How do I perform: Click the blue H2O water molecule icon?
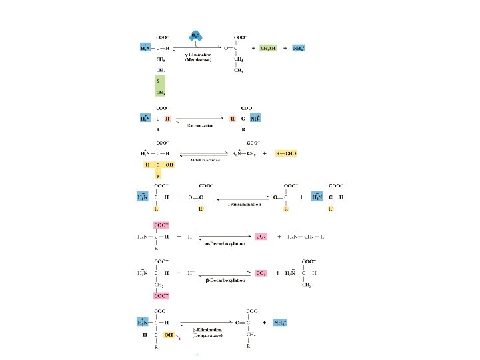pos(195,35)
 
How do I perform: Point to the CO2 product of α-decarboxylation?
pos(261,236)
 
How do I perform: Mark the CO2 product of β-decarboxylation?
pos(261,273)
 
